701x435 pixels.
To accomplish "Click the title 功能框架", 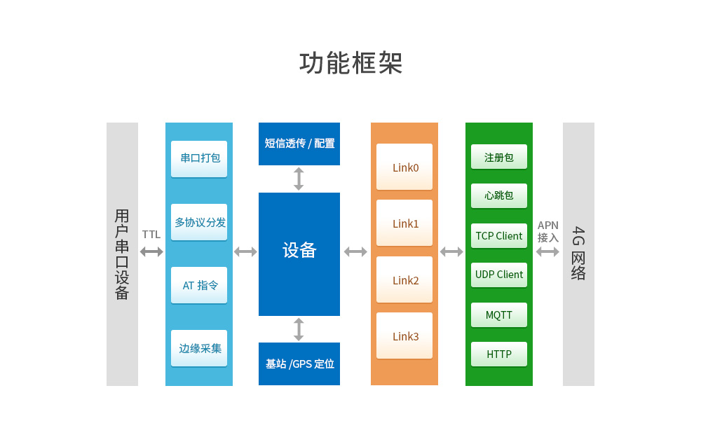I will (351, 63).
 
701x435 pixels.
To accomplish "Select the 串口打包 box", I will (199, 158).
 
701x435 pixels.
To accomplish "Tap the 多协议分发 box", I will (199, 222).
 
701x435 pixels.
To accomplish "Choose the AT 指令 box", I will (199, 285).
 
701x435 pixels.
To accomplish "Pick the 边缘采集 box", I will (199, 348).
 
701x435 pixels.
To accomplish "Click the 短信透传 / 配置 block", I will (299, 144).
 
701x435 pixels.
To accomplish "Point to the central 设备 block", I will (299, 251).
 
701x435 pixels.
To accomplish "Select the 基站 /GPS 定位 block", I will (299, 364).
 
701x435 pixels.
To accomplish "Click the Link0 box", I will (404, 167).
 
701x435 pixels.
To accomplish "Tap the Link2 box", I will (404, 280).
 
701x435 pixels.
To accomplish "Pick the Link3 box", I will (404, 336).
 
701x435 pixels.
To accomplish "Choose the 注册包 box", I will (499, 158).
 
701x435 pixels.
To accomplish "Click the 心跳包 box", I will (499, 195).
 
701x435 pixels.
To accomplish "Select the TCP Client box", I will (499, 236).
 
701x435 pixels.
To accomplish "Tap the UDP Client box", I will (499, 275).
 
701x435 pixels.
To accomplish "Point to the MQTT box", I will (499, 315).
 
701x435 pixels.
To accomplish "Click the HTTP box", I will (499, 354).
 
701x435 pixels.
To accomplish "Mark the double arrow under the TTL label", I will (151, 251).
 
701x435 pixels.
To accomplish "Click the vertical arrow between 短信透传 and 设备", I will (299, 179).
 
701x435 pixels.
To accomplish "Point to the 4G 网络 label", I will (578, 253).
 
